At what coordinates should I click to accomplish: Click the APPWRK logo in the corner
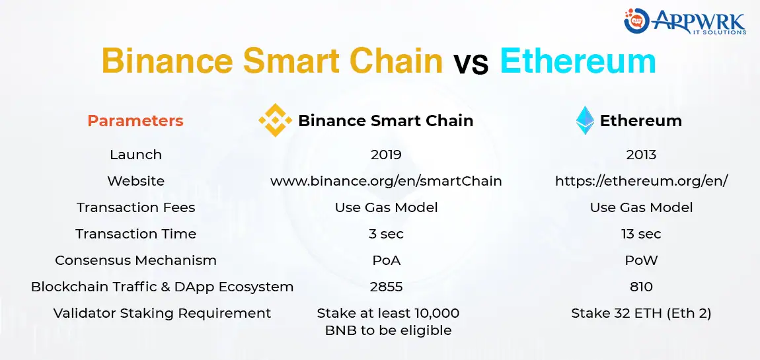pos(685,21)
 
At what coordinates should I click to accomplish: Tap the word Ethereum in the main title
pos(578,61)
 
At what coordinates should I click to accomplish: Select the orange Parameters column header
pos(135,121)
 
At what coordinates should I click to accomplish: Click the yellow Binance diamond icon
pos(275,120)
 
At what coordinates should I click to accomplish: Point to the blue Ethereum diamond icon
pos(585,121)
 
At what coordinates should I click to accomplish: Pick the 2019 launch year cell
pos(386,155)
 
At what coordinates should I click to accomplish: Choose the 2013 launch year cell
pos(641,155)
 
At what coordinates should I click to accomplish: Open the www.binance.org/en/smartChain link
pos(386,181)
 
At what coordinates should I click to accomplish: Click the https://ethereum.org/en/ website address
pos(641,181)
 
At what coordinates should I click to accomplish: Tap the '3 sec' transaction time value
pos(386,234)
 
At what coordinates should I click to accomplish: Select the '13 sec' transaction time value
pos(641,234)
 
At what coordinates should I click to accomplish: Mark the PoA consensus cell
pos(386,260)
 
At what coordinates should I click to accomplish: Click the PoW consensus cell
pos(641,260)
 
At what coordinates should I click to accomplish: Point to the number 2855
pos(386,287)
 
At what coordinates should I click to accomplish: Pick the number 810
pos(641,287)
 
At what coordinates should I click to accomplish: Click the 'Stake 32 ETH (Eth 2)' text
pos(641,313)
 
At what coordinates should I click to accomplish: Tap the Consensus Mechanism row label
pos(135,260)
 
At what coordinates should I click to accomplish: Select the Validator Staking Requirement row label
pos(162,313)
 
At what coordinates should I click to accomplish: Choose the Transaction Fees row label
pos(135,207)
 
